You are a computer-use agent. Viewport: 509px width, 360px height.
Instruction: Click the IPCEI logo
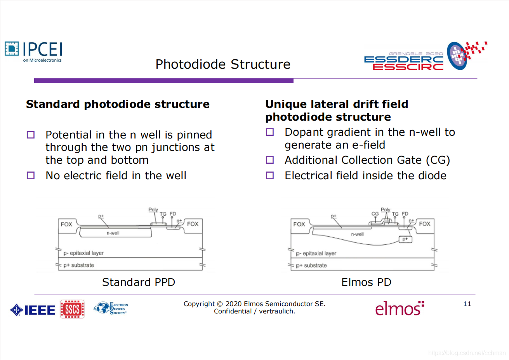(x=33, y=51)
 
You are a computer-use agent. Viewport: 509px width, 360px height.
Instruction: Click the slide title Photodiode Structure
(x=223, y=64)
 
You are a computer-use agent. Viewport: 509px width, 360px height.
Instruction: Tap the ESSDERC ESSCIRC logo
(x=425, y=57)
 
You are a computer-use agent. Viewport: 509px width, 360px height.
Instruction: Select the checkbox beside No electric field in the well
(x=31, y=175)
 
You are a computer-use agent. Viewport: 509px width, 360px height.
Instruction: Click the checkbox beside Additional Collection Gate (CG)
(x=270, y=160)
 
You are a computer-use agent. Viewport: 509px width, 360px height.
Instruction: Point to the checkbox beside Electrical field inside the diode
(x=270, y=175)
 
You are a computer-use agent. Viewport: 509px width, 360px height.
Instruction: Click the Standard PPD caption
(x=139, y=282)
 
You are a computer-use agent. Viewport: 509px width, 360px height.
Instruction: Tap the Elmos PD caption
(x=366, y=282)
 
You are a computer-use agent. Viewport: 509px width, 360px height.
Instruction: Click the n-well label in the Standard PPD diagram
(x=113, y=233)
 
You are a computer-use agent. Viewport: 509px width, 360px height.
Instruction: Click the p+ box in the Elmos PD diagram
(x=405, y=239)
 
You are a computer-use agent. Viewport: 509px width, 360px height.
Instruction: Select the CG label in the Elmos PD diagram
(x=375, y=214)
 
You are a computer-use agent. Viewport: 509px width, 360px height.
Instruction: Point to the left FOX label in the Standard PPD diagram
(x=66, y=224)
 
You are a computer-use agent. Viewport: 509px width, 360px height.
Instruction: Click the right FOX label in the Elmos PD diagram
(x=424, y=224)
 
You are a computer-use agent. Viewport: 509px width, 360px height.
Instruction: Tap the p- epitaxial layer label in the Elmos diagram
(x=316, y=253)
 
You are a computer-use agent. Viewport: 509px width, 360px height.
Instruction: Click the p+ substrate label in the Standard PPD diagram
(x=79, y=265)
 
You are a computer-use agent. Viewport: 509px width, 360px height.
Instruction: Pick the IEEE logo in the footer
(x=33, y=310)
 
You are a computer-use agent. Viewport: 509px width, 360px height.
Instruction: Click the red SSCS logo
(x=72, y=309)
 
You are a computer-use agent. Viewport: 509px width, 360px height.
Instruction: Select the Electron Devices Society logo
(x=111, y=308)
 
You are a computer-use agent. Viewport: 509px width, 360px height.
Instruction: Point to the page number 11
(x=467, y=304)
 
